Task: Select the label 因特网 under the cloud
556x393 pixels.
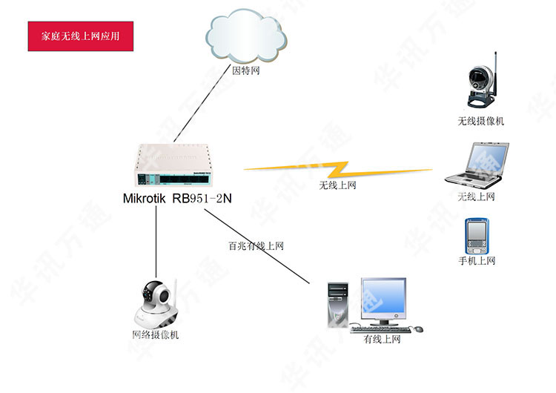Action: pyautogui.click(x=246, y=72)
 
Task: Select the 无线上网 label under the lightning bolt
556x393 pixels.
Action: pyautogui.click(x=337, y=185)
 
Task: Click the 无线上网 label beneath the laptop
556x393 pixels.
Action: pyautogui.click(x=476, y=196)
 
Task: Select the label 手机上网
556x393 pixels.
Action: pyautogui.click(x=477, y=261)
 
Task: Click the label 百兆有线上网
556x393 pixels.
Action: pyautogui.click(x=256, y=245)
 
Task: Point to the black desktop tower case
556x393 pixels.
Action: pyautogui.click(x=337, y=303)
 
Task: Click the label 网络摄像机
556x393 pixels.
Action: pyautogui.click(x=155, y=335)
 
